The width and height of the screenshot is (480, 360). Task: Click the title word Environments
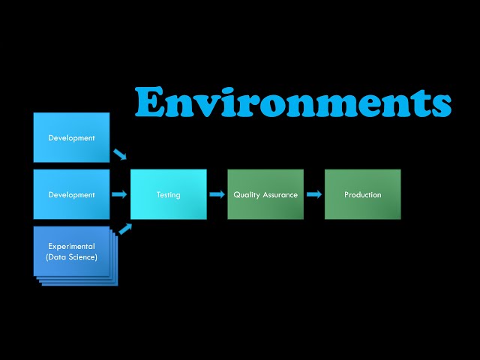292,103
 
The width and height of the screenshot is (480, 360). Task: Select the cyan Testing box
168,194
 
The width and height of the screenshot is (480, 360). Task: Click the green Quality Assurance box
265,194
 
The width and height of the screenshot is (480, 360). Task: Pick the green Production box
362,194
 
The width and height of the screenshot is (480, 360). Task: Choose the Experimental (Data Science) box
72,252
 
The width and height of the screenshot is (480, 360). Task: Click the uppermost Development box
72,137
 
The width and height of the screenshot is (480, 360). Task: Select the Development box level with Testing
72,194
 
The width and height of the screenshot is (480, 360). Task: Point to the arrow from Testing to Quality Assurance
217,194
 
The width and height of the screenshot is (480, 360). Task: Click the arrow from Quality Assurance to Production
313,194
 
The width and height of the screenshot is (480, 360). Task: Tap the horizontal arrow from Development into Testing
119,194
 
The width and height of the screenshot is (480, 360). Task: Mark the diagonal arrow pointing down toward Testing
120,154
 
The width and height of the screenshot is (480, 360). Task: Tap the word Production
362,195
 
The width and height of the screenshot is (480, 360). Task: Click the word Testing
168,195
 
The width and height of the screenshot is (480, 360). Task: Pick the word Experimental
72,246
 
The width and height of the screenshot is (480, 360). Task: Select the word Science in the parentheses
82,258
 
